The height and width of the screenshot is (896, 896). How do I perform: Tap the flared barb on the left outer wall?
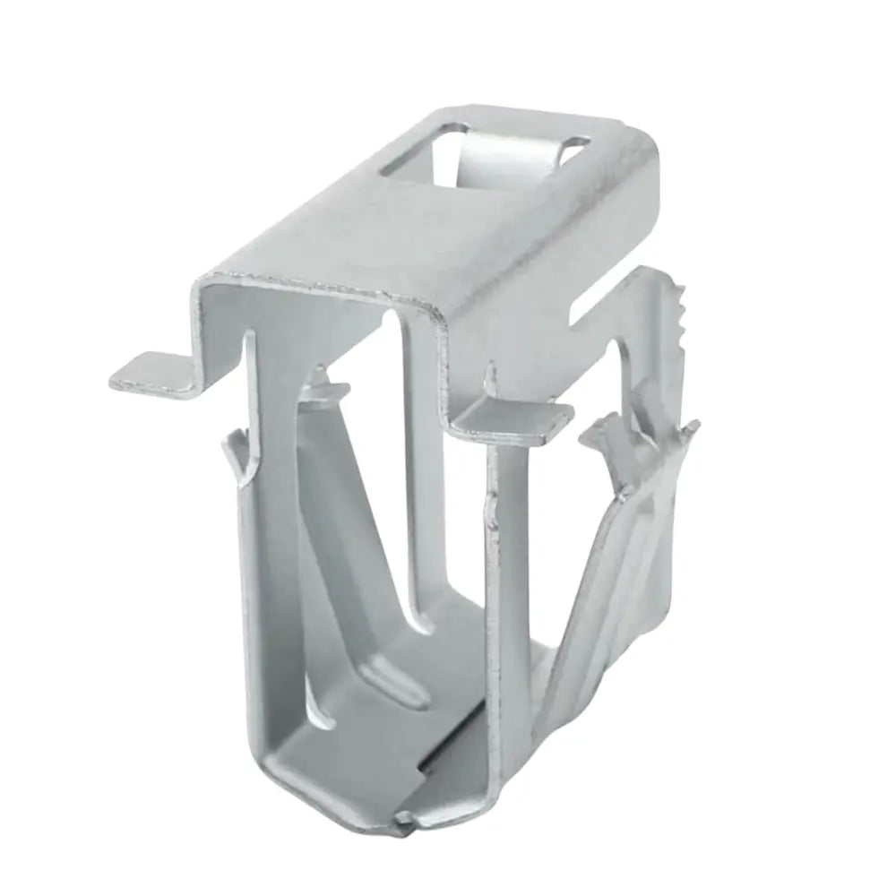coord(235,452)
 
